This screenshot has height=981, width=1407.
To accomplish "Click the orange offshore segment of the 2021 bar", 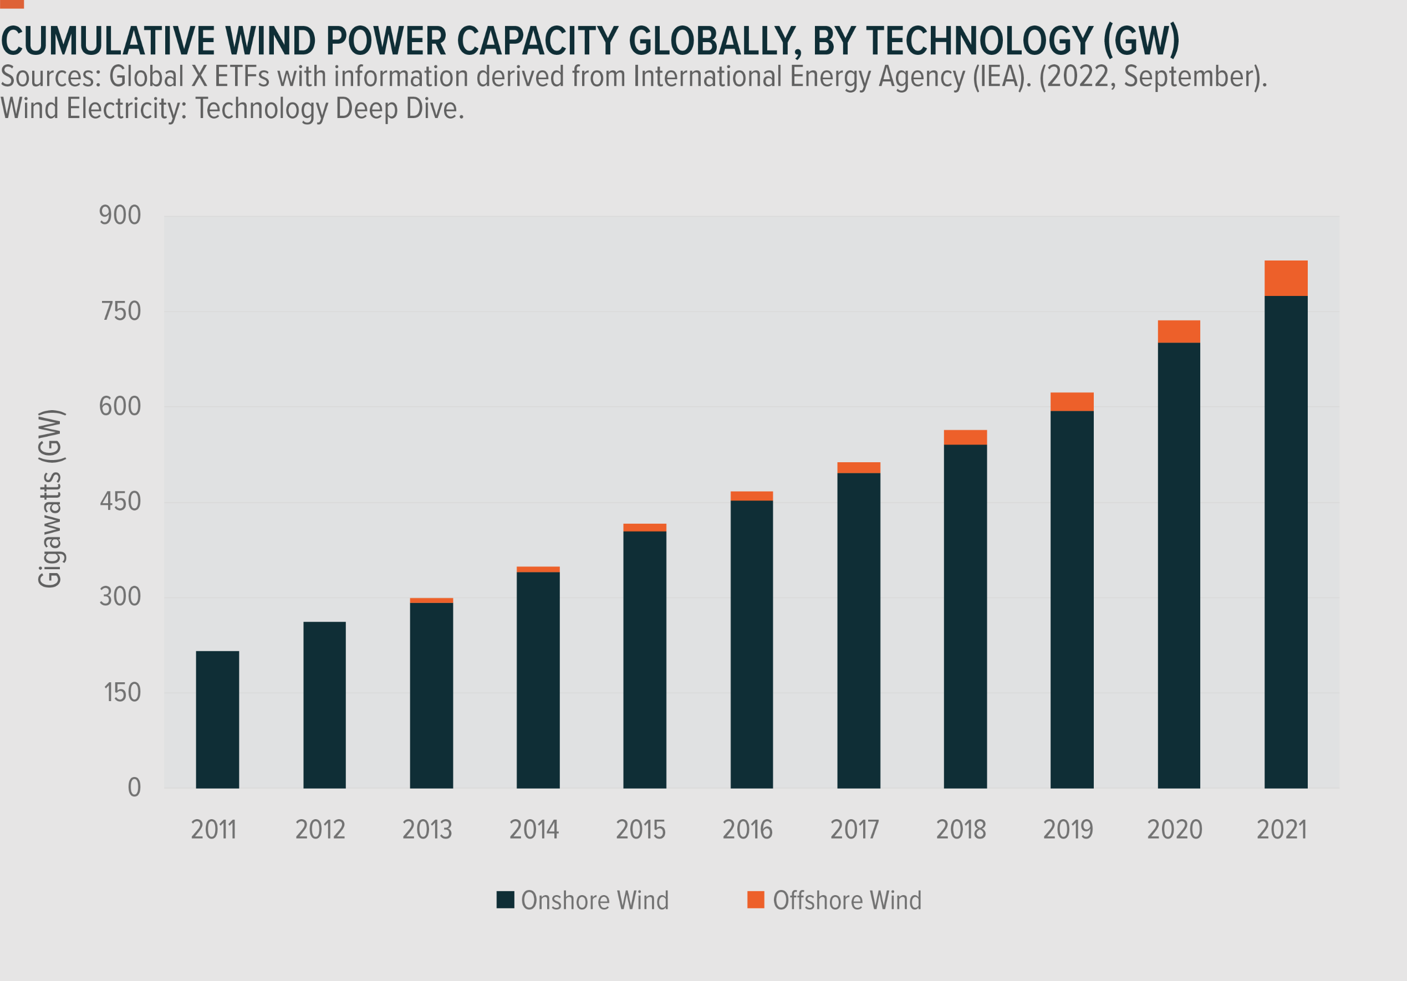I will point(1286,278).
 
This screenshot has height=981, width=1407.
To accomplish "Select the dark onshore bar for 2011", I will point(217,719).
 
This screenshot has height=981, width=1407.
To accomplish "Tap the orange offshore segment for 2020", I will point(1179,331).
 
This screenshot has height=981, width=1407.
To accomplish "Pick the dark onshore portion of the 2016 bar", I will point(751,643).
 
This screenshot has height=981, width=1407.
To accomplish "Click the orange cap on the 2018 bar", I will point(965,437).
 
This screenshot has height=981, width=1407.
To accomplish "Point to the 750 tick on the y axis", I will point(121,311).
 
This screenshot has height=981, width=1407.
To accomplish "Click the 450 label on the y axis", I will point(120,502).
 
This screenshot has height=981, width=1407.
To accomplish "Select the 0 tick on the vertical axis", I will point(134,788).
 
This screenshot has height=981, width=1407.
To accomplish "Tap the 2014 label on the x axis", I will point(534,830).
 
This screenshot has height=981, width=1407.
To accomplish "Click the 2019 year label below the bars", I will point(1068,830).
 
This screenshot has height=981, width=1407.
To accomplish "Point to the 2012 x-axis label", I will point(320,830).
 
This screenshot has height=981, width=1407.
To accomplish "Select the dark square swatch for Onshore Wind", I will point(505,900).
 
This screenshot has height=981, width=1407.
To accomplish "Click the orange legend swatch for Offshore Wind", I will point(756,900).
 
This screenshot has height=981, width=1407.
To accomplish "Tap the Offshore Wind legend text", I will point(847,900).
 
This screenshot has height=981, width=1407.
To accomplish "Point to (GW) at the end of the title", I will point(1141,41).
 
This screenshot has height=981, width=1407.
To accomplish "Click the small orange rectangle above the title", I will point(12,4).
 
